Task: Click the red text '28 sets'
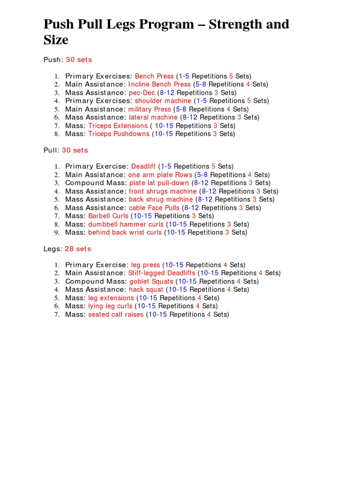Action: point(78,249)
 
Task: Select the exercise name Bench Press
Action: point(154,76)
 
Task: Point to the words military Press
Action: point(150,109)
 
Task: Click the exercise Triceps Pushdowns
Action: point(119,134)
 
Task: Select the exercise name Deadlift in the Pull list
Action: point(143,166)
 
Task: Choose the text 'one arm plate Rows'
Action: point(160,175)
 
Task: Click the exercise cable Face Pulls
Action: point(154,208)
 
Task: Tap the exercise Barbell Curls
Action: point(108,216)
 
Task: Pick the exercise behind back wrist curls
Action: point(125,232)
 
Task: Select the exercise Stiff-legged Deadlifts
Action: point(162,273)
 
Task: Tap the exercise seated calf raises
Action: point(116,315)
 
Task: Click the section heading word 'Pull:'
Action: point(52,150)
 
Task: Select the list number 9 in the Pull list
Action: point(56,232)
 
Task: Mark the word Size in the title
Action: point(56,40)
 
